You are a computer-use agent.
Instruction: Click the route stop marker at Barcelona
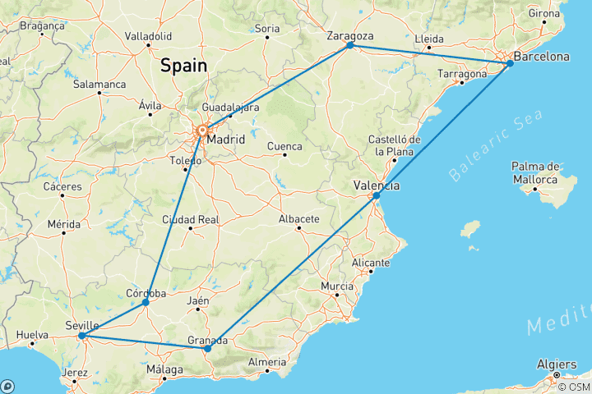point(510,63)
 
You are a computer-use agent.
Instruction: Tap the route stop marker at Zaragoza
point(349,45)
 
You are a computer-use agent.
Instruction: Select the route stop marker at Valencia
point(376,195)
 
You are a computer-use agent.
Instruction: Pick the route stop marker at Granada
point(207,349)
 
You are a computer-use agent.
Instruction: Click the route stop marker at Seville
point(81,336)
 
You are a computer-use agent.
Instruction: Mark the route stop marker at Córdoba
point(146,302)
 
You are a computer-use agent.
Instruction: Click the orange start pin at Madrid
point(201,130)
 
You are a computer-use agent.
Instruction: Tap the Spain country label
point(183,64)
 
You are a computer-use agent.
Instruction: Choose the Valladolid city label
point(148,36)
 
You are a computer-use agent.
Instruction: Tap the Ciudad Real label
point(190,219)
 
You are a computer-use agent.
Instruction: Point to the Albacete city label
point(298,219)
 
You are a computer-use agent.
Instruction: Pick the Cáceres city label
point(63,186)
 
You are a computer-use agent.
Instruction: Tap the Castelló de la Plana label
point(395,145)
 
